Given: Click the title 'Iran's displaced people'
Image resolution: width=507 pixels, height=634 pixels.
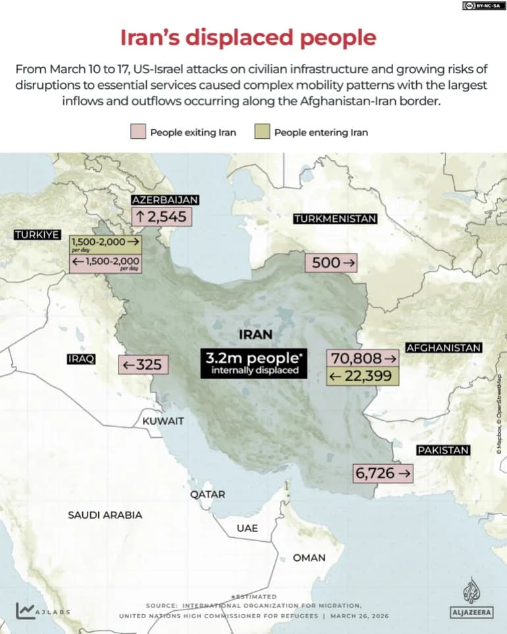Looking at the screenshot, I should click(248, 38).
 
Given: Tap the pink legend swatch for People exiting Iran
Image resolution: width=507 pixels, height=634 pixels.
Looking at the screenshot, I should click(138, 132).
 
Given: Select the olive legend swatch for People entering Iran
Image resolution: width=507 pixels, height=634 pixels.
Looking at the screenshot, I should click(262, 132).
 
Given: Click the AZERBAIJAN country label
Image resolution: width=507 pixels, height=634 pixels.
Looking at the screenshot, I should click(165, 200).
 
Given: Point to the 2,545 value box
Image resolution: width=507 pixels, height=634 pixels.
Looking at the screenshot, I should click(161, 217).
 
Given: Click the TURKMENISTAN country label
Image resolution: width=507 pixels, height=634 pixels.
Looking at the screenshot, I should click(335, 219).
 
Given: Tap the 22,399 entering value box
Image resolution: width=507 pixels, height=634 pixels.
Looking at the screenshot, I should click(361, 376).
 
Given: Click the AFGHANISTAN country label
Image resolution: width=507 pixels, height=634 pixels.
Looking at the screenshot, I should click(444, 348).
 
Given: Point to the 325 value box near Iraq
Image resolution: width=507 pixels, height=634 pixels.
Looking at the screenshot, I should click(144, 364).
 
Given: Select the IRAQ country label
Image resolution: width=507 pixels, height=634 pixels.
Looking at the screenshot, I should click(81, 359).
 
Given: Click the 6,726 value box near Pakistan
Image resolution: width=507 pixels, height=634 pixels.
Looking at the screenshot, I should click(384, 473).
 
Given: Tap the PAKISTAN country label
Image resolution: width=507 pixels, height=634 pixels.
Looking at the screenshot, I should click(442, 450).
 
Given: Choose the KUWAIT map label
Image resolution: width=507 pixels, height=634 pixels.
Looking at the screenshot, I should click(163, 421).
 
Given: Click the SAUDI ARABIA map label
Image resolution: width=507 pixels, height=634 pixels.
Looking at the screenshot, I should click(105, 515).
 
